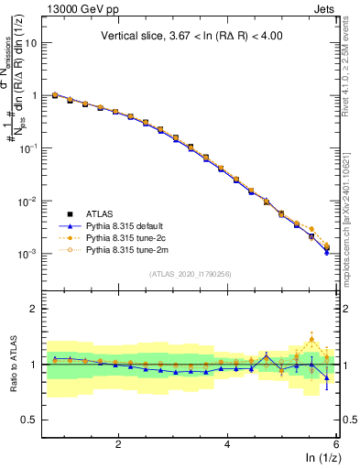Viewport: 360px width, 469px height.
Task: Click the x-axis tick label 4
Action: pos(227,443)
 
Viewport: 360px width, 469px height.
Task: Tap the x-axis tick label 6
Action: pos(336,443)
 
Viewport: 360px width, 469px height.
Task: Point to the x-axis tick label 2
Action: pos(118,443)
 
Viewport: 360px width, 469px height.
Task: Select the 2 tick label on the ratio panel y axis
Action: pos(36,309)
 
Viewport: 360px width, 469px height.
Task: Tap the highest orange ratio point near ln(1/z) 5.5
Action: pos(311,339)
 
